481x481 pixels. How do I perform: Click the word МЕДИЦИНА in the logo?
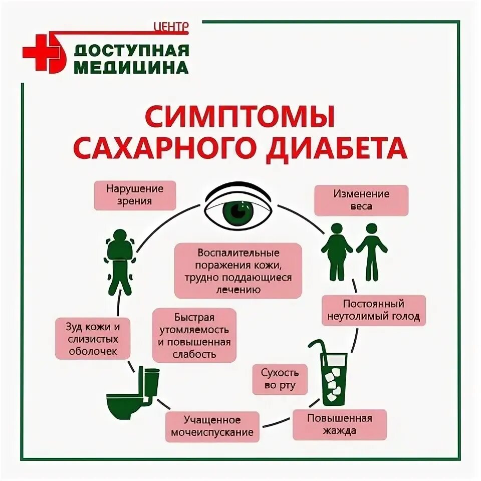(x=131, y=67)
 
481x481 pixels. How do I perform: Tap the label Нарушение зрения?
(x=135, y=195)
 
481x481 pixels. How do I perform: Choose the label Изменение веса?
(x=361, y=200)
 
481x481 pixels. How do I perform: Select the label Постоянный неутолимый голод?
(x=373, y=311)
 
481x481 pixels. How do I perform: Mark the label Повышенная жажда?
(x=339, y=424)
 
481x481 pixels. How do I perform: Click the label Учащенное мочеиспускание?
(x=212, y=426)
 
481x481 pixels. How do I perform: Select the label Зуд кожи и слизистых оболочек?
(x=94, y=339)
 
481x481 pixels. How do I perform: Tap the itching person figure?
(x=120, y=261)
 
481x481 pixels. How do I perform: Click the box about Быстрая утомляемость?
(x=194, y=335)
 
